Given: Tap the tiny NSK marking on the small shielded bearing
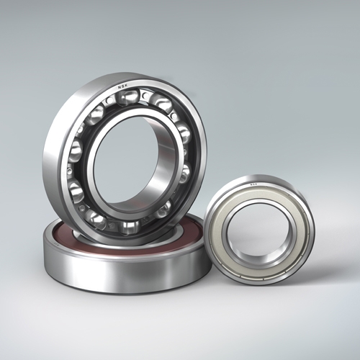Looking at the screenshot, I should pyautogui.click(x=253, y=186).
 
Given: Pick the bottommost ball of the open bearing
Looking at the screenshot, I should pyautogui.click(x=130, y=225).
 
